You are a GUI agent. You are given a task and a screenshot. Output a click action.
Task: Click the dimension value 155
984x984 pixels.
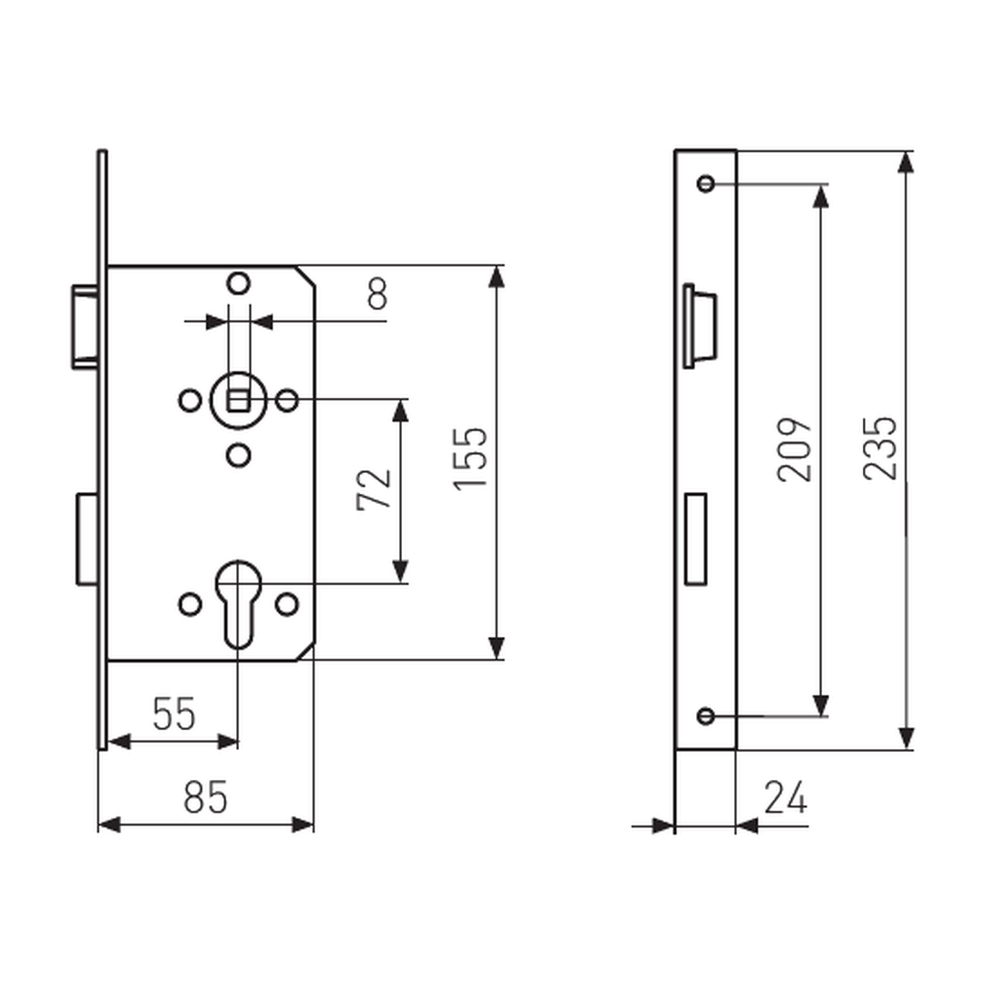point(470,458)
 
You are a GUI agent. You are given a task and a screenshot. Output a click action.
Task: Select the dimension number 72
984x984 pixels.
point(374,489)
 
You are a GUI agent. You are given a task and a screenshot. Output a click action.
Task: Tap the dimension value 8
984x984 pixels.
point(377,293)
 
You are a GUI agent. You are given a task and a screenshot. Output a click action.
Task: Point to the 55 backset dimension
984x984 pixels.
point(174,713)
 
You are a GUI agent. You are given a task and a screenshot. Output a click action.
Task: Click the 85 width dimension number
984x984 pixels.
point(205,797)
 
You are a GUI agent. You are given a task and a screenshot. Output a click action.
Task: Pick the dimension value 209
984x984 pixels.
point(794,449)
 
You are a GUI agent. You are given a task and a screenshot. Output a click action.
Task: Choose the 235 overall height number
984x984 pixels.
point(880,448)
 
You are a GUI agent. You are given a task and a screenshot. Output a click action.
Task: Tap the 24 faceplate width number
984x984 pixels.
point(785,797)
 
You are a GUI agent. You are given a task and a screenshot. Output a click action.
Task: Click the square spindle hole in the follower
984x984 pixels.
point(238,400)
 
